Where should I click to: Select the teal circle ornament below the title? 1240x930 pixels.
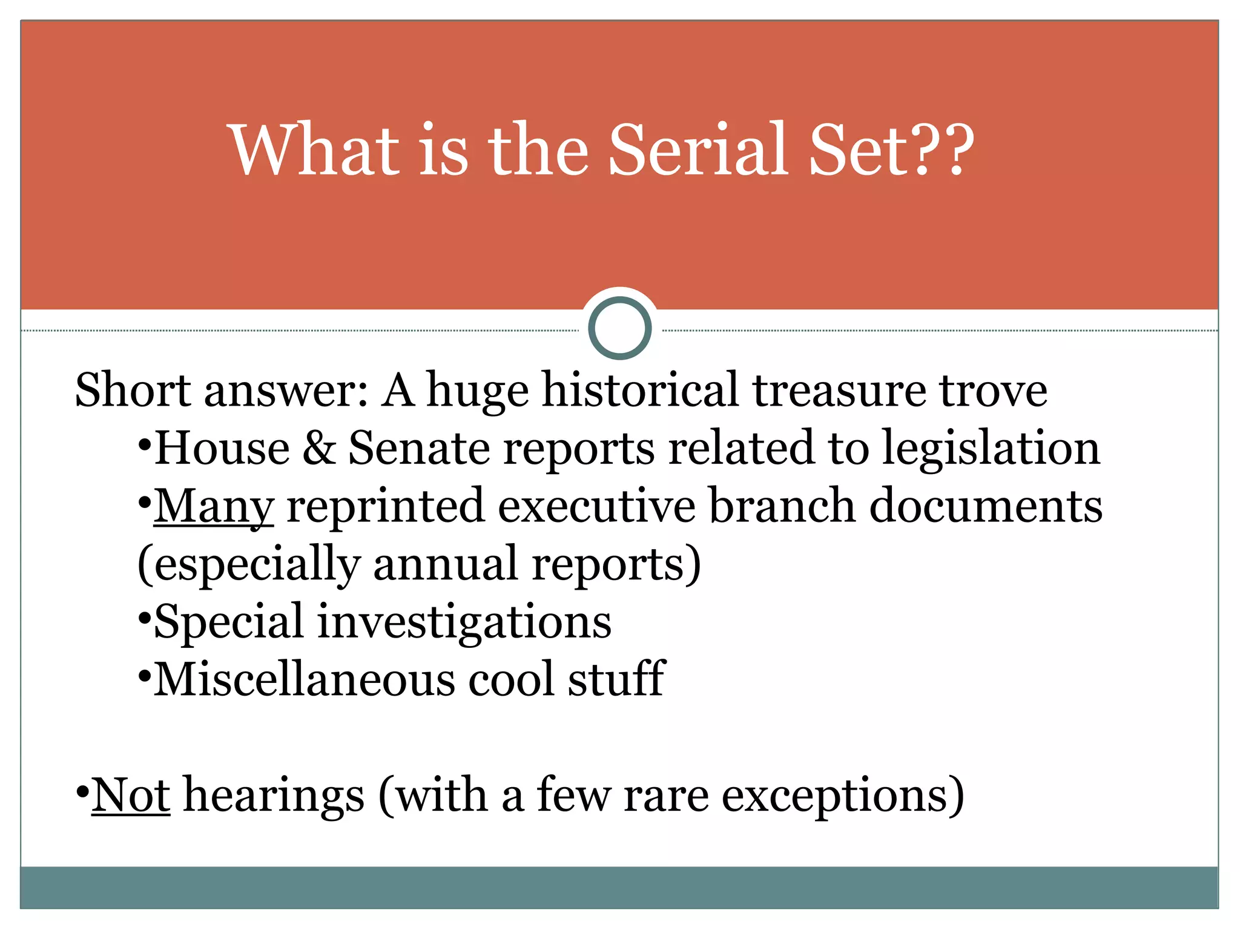click(x=619, y=328)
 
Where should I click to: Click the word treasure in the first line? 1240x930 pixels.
click(x=839, y=391)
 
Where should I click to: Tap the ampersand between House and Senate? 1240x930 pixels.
click(x=318, y=448)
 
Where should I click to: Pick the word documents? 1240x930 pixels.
click(x=986, y=506)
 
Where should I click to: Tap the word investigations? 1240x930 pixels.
click(x=464, y=622)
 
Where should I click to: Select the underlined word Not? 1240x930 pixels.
click(x=131, y=796)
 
